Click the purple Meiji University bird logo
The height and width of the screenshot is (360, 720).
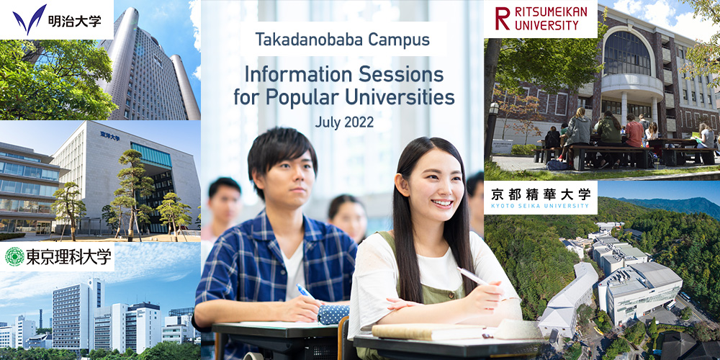click(30, 19)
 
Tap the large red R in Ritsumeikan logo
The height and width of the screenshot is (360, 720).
click(503, 19)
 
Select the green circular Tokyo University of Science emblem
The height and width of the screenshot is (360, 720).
click(14, 257)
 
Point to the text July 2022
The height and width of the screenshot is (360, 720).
click(344, 122)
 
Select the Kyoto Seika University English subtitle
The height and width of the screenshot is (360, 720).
click(540, 206)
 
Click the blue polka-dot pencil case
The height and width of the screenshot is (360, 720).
click(333, 314)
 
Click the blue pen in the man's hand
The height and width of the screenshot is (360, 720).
click(305, 292)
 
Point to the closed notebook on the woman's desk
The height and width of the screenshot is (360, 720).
click(428, 331)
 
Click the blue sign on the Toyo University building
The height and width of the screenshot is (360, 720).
click(109, 135)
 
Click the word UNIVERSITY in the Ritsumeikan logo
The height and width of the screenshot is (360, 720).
click(546, 24)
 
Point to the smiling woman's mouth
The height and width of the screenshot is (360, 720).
click(442, 202)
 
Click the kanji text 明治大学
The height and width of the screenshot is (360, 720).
click(74, 21)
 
